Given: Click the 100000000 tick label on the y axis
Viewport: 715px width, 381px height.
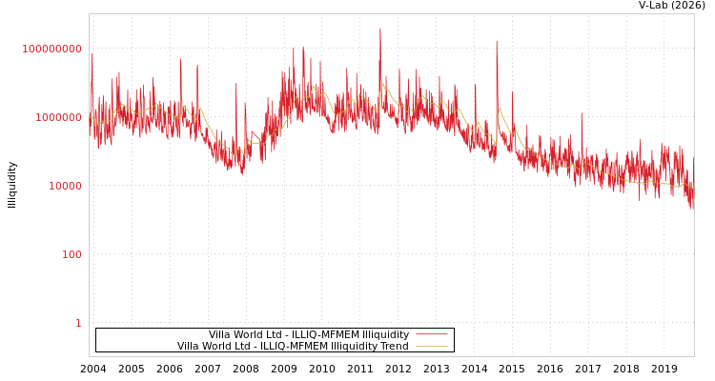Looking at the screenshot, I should [52, 49].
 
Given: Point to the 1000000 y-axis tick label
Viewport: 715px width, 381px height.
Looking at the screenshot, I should [59, 117].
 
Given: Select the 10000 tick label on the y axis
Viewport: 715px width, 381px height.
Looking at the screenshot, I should [66, 186].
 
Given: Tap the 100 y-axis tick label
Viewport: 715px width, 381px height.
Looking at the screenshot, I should [72, 254].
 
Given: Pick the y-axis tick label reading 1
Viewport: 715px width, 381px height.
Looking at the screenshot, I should [78, 323].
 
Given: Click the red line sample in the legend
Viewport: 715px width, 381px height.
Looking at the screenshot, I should [432, 334].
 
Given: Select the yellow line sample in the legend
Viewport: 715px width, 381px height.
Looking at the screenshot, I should [432, 346].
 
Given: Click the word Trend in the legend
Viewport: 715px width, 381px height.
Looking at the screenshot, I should [395, 346].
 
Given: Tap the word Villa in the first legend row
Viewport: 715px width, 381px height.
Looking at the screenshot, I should [221, 334].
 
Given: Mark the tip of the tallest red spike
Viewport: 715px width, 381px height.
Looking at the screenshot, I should [379, 28].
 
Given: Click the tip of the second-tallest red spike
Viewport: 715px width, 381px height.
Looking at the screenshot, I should [496, 40].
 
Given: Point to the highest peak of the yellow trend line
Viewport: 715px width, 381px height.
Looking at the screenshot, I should [383, 84].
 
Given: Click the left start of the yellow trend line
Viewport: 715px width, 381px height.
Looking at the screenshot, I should [90, 116].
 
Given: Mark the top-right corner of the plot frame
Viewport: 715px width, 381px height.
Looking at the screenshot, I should [694, 13].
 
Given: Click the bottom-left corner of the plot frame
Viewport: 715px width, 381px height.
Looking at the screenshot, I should [89, 356].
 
